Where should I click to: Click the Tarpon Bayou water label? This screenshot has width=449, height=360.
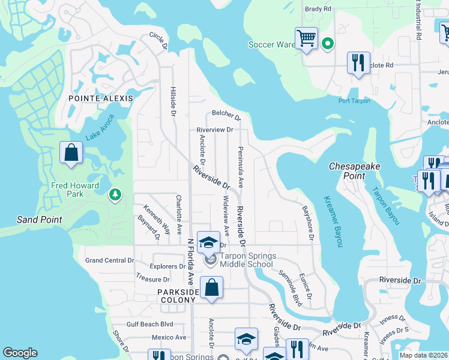[x=385, y=206]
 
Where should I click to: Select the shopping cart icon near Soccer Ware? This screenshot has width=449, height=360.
[x=306, y=38]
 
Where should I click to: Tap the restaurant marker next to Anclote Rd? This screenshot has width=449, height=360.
[x=358, y=62]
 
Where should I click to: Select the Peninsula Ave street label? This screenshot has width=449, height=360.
[x=240, y=166]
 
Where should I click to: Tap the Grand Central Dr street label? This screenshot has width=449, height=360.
[x=109, y=260]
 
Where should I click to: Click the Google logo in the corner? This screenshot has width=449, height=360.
[x=20, y=353]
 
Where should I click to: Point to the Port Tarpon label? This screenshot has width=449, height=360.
[x=352, y=101]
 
